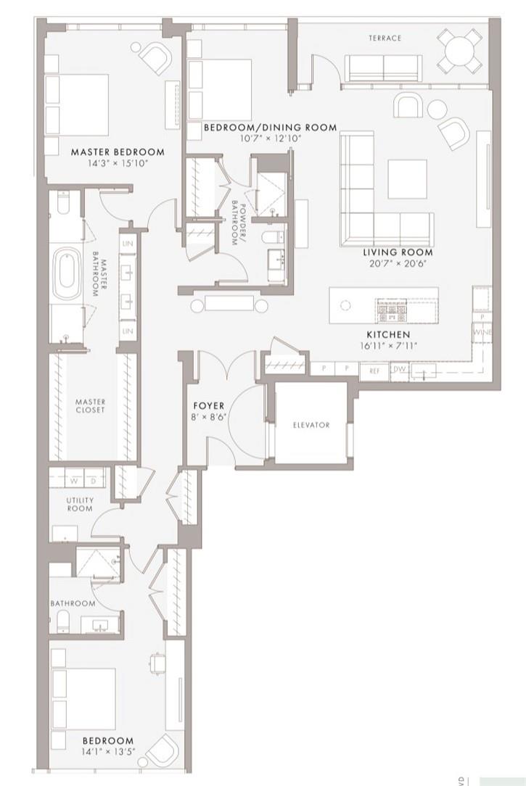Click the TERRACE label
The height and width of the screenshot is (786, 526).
click(384, 38)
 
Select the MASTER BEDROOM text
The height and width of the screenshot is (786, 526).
click(118, 152)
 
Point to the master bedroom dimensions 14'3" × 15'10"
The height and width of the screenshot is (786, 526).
click(118, 163)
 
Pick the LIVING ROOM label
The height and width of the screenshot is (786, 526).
click(398, 253)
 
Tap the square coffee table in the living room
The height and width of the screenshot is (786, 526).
click(406, 178)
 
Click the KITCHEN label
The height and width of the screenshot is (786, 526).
click(387, 334)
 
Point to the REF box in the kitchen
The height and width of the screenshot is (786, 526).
click(374, 370)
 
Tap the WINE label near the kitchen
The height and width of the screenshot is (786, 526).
click(483, 331)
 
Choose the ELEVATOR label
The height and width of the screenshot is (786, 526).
click(312, 426)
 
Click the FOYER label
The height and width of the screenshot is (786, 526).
click(208, 405)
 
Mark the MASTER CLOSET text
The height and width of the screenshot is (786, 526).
click(90, 406)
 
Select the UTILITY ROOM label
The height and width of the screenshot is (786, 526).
click(80, 505)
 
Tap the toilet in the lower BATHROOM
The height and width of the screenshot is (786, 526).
click(62, 620)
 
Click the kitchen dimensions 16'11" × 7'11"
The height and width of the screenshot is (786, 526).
click(387, 345)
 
